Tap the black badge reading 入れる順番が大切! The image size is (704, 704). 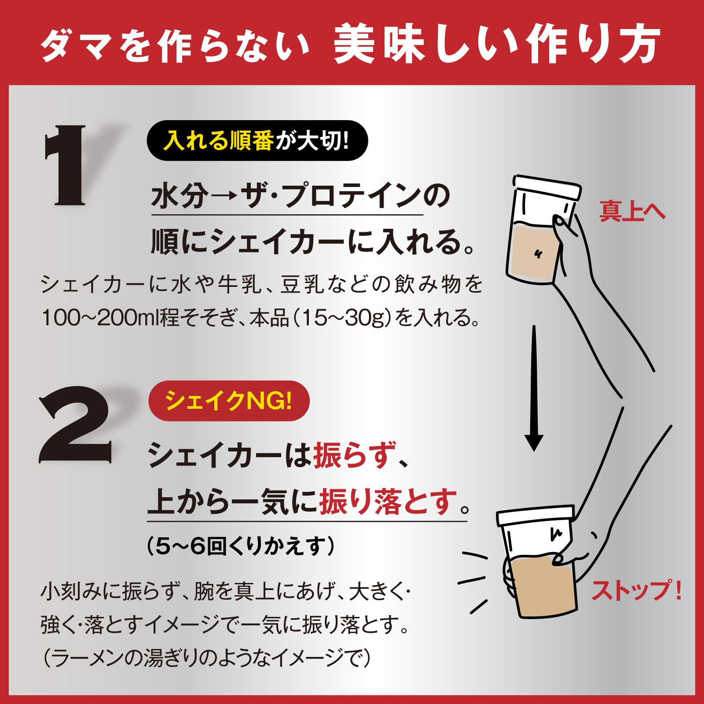(x=257, y=141)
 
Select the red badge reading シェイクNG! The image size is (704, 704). (x=229, y=401)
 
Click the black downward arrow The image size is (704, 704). (x=534, y=387)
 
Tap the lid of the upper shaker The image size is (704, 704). (x=546, y=188)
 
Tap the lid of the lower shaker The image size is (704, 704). (x=535, y=515)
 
